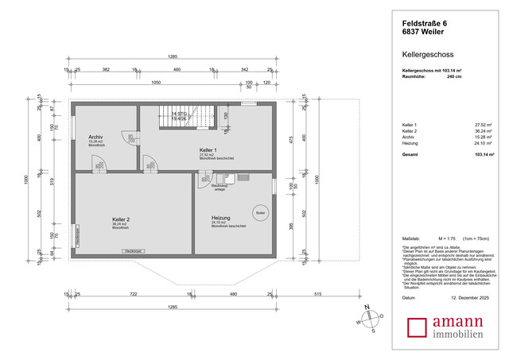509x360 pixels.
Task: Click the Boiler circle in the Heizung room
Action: pyautogui.click(x=260, y=213)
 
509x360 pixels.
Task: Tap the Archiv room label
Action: pyautogui.click(x=96, y=137)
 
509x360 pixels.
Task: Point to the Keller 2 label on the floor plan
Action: pyautogui.click(x=121, y=219)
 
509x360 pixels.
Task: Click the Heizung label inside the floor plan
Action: pyautogui.click(x=220, y=218)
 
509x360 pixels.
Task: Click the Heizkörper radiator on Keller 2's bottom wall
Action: pyautogui.click(x=132, y=252)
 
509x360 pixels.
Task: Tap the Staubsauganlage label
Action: pyautogui.click(x=220, y=187)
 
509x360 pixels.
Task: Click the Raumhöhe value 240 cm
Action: pyautogui.click(x=454, y=77)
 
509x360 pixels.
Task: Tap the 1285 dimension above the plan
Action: pyautogui.click(x=172, y=57)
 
